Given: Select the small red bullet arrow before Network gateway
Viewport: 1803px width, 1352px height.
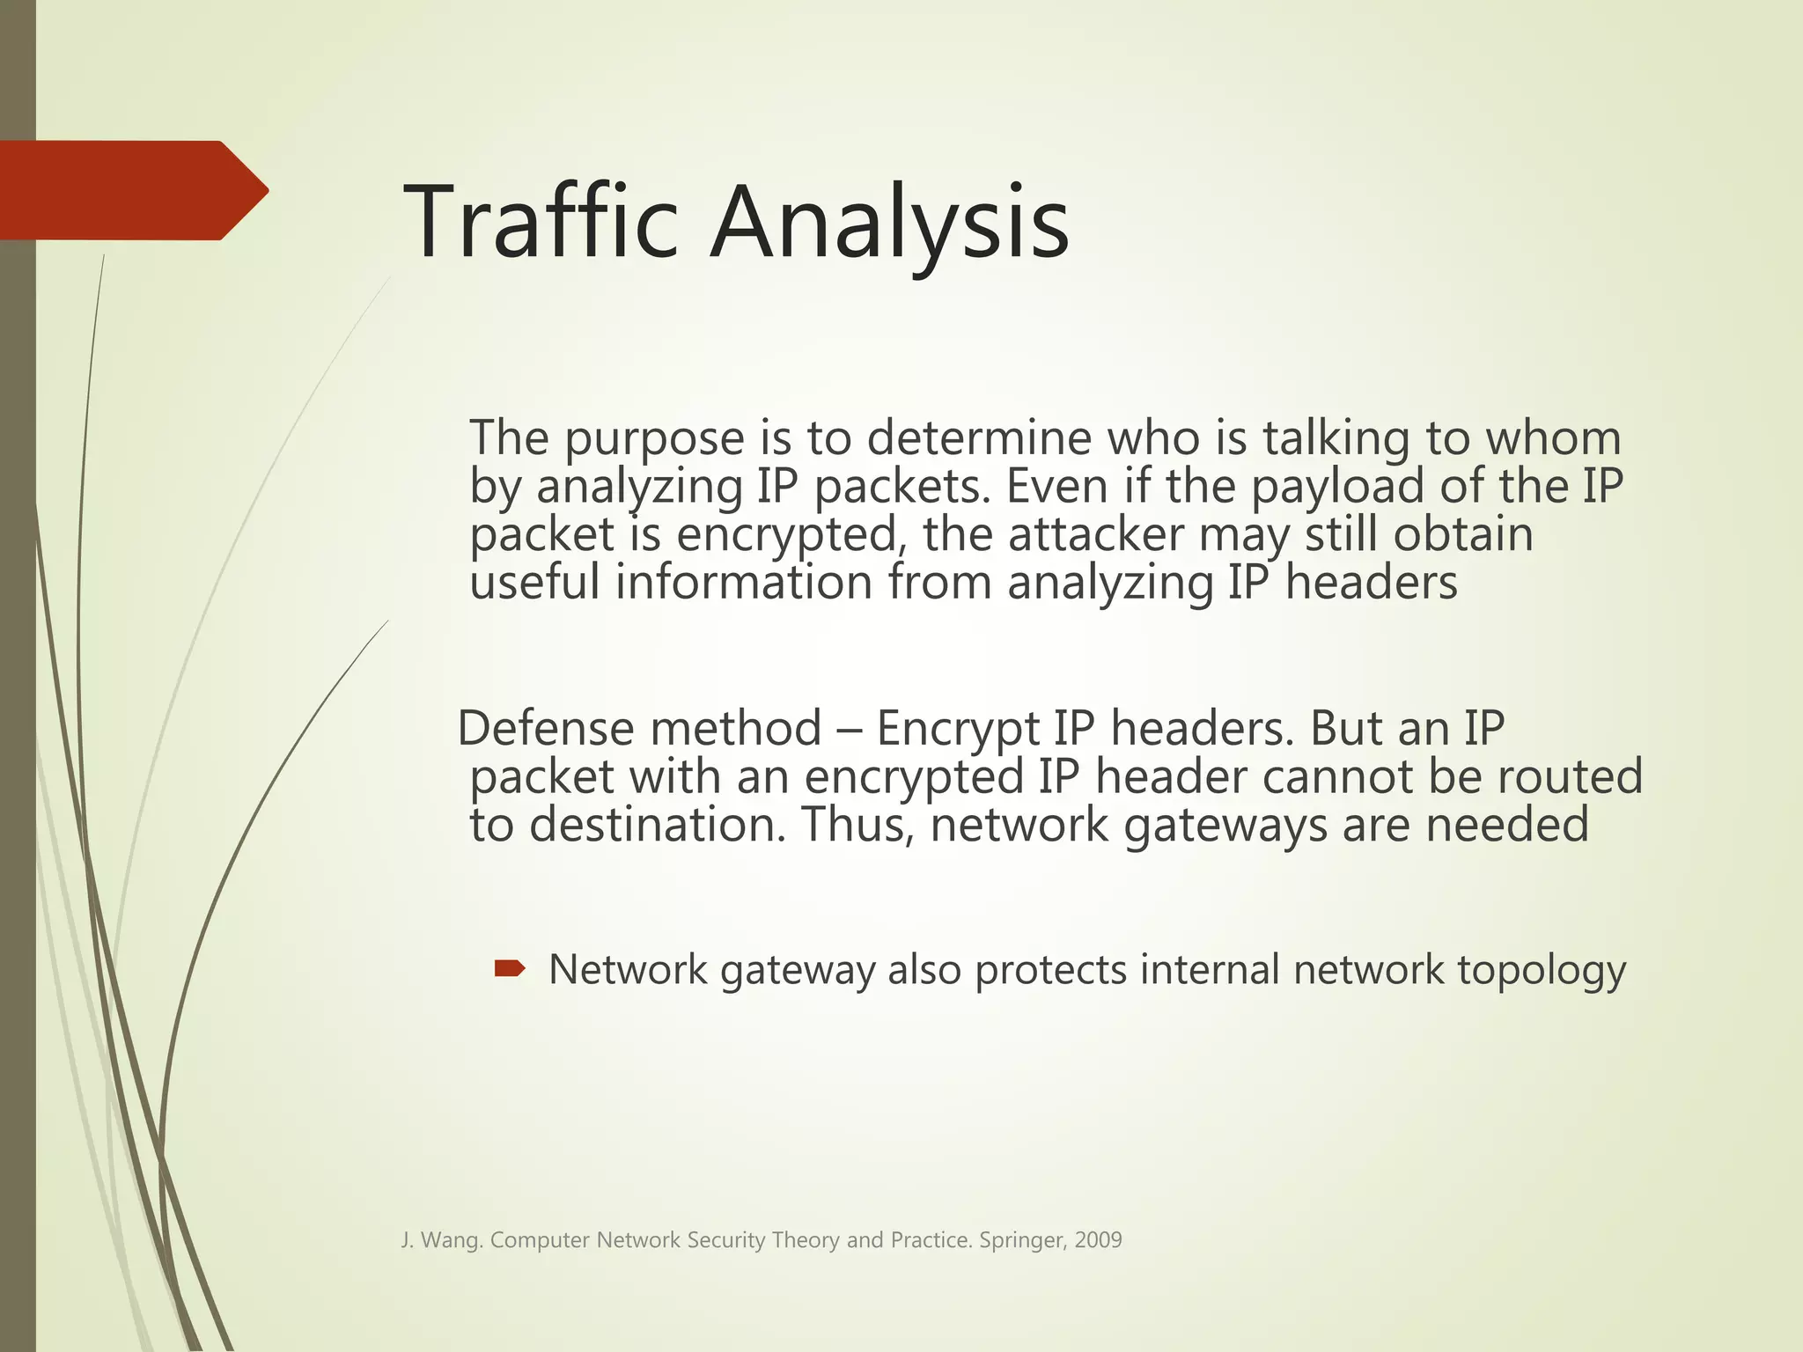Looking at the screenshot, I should [x=510, y=969].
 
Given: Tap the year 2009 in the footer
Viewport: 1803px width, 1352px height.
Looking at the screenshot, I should [x=1098, y=1240].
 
